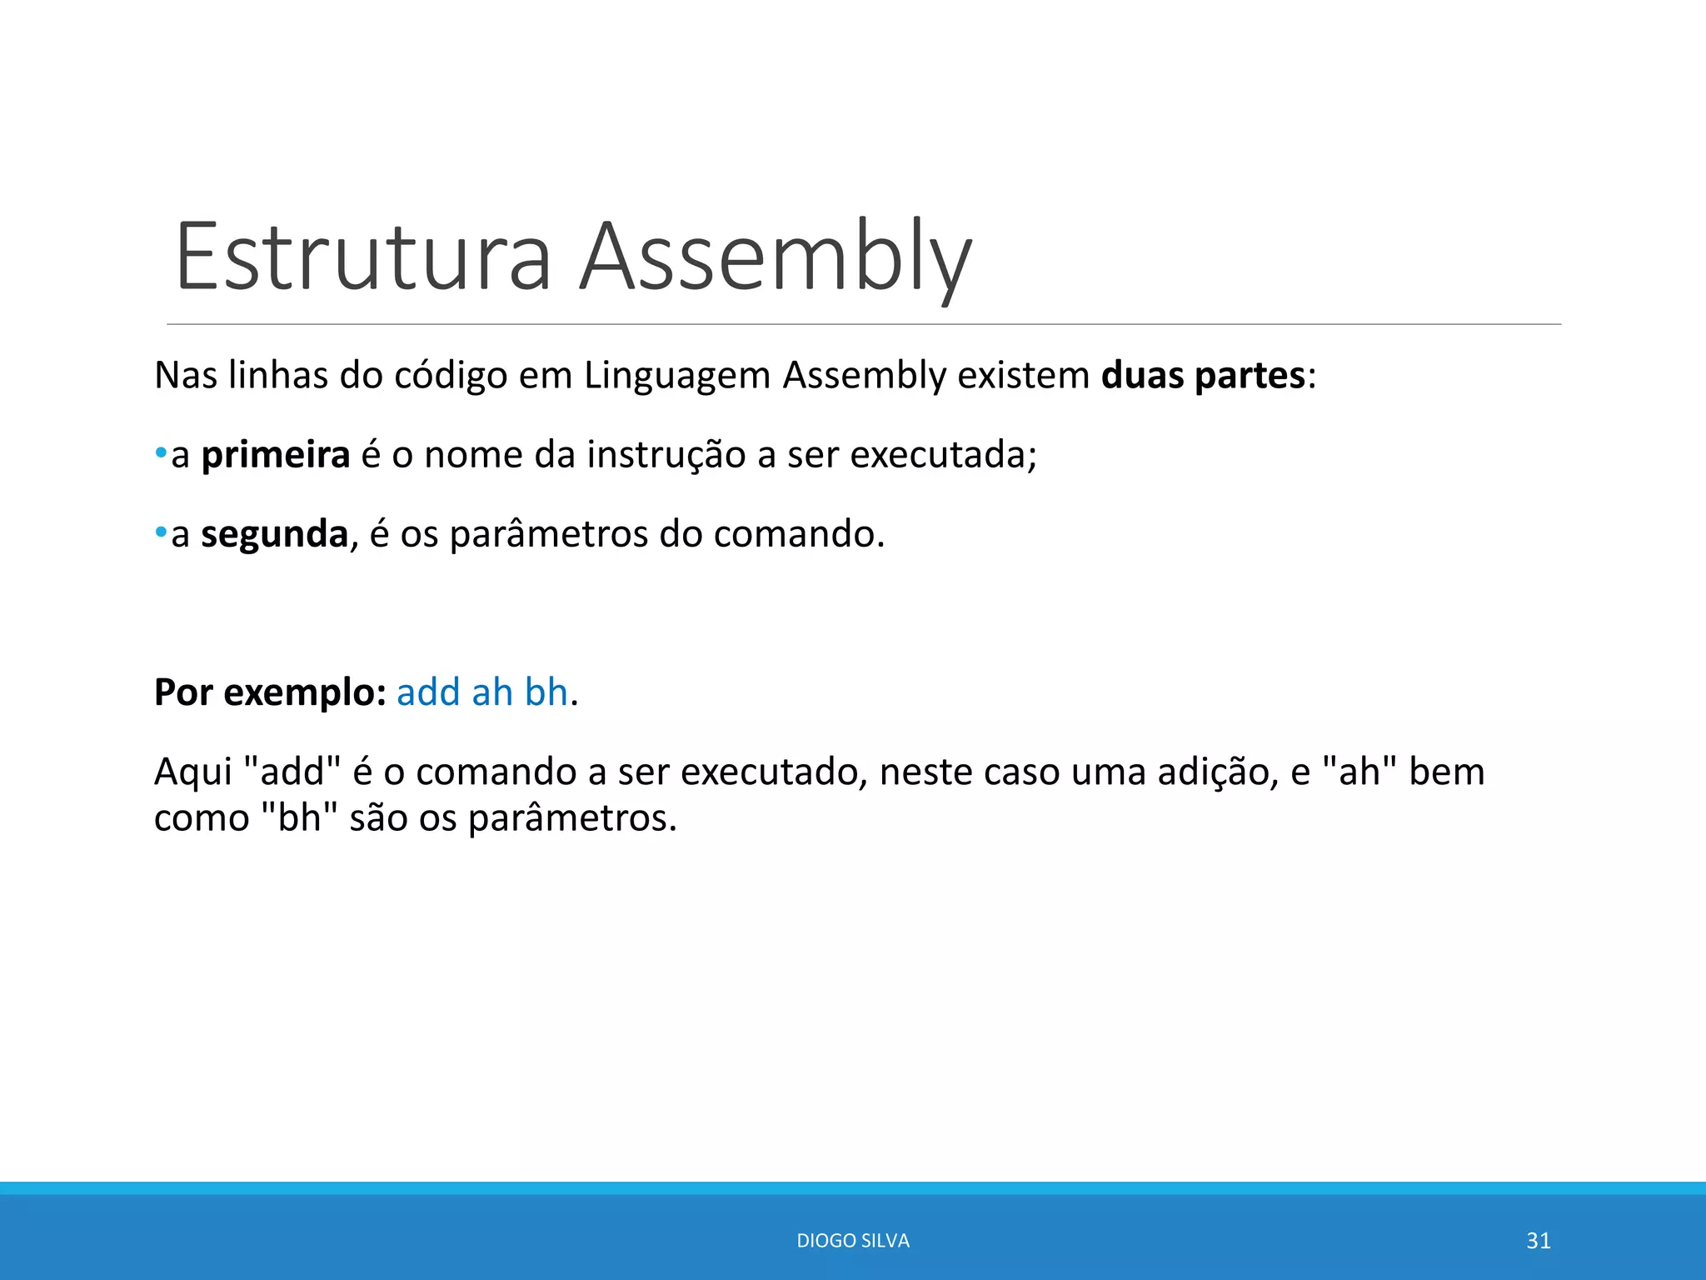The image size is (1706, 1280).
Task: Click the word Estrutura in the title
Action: pos(363,257)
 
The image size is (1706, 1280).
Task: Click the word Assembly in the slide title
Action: pos(775,257)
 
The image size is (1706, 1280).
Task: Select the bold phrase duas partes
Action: pos(1202,376)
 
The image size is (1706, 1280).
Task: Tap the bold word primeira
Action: pos(276,455)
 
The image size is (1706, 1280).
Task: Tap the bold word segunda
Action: pos(274,534)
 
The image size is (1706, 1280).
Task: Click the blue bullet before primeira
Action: pos(161,454)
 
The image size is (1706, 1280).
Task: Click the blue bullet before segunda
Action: pos(161,533)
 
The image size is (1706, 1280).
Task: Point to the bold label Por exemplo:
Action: pos(270,692)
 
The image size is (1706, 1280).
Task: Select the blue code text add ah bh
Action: pos(481,692)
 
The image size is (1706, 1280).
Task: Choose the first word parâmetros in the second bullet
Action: pos(549,534)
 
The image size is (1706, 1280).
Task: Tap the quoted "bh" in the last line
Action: pos(299,817)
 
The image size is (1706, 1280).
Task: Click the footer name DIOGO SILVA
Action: pos(853,1241)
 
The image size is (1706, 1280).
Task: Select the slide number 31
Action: pos(1538,1241)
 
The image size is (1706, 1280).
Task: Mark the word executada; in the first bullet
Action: pos(943,455)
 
